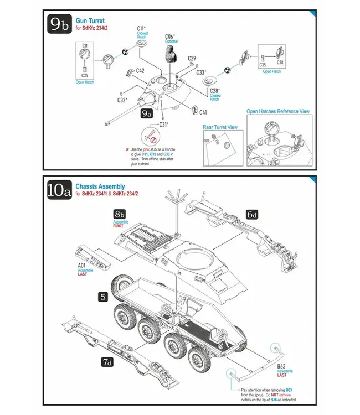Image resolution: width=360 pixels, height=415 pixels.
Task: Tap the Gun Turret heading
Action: [x=90, y=20]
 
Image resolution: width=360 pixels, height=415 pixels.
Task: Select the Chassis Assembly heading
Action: [x=100, y=186]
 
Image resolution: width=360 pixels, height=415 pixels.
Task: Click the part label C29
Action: [x=192, y=58]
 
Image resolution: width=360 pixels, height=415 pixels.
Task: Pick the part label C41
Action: [x=203, y=112]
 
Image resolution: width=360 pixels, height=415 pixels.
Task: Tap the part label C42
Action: [x=140, y=71]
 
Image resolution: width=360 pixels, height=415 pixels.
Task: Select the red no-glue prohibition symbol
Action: [x=149, y=134]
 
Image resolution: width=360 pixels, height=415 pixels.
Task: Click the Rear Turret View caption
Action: [x=220, y=127]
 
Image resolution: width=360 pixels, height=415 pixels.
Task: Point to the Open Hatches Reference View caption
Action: [x=277, y=111]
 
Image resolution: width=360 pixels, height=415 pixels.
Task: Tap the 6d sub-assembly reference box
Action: [x=252, y=214]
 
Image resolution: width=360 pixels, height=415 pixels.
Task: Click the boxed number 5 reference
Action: [x=102, y=296]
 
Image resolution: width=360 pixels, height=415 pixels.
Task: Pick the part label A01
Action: [x=82, y=265]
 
